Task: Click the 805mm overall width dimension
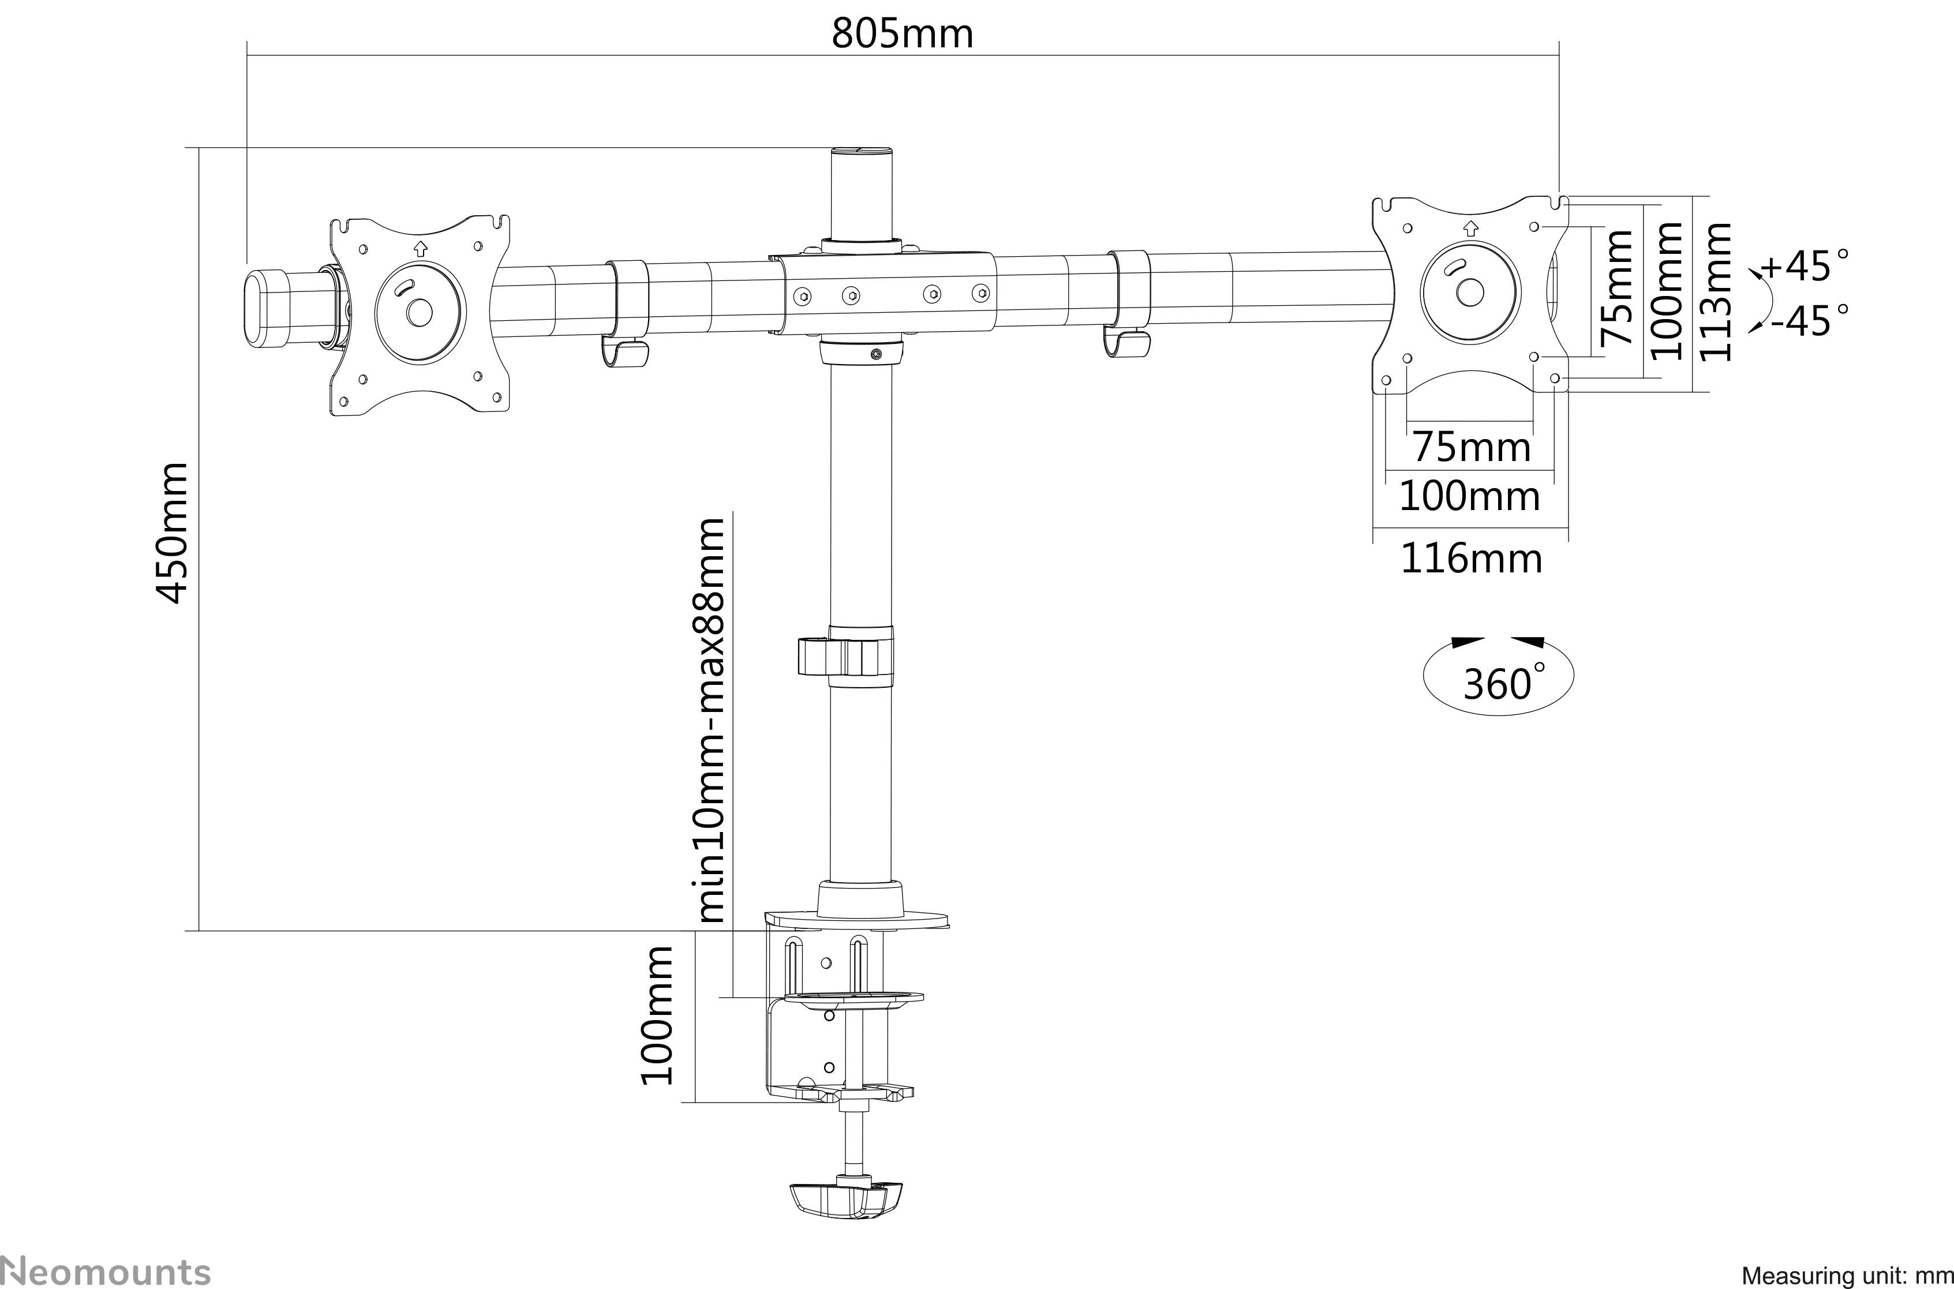point(903,33)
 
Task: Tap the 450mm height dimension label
point(173,533)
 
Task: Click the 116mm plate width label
point(1470,560)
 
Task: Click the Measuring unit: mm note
point(1846,1276)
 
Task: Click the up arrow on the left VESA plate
point(420,246)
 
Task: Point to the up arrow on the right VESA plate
point(1470,228)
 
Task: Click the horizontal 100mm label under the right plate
point(1469,497)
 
